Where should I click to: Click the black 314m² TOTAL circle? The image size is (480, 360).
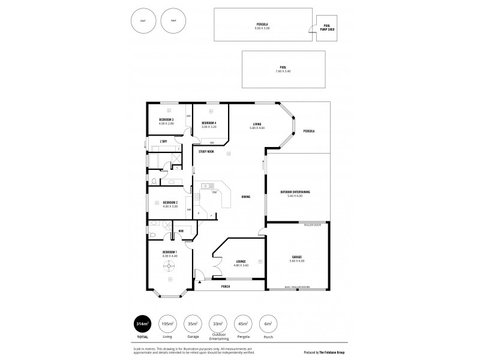pos(142,324)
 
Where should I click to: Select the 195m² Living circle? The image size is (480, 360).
pos(168,324)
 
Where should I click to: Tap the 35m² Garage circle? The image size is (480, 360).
pos(193,324)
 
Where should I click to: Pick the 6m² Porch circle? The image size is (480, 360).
pos(268,324)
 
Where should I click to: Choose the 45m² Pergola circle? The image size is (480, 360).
pos(242,324)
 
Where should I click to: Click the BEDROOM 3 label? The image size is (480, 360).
pos(166,119)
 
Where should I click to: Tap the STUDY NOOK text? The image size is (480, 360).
pos(207,152)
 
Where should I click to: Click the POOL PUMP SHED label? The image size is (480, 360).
pos(326,27)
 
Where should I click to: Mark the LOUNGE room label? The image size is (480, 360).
pos(242,261)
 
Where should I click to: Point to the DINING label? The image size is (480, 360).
pos(246,197)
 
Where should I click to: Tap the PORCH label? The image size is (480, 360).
pos(226,287)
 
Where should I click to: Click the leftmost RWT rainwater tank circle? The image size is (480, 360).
pos(142,21)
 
